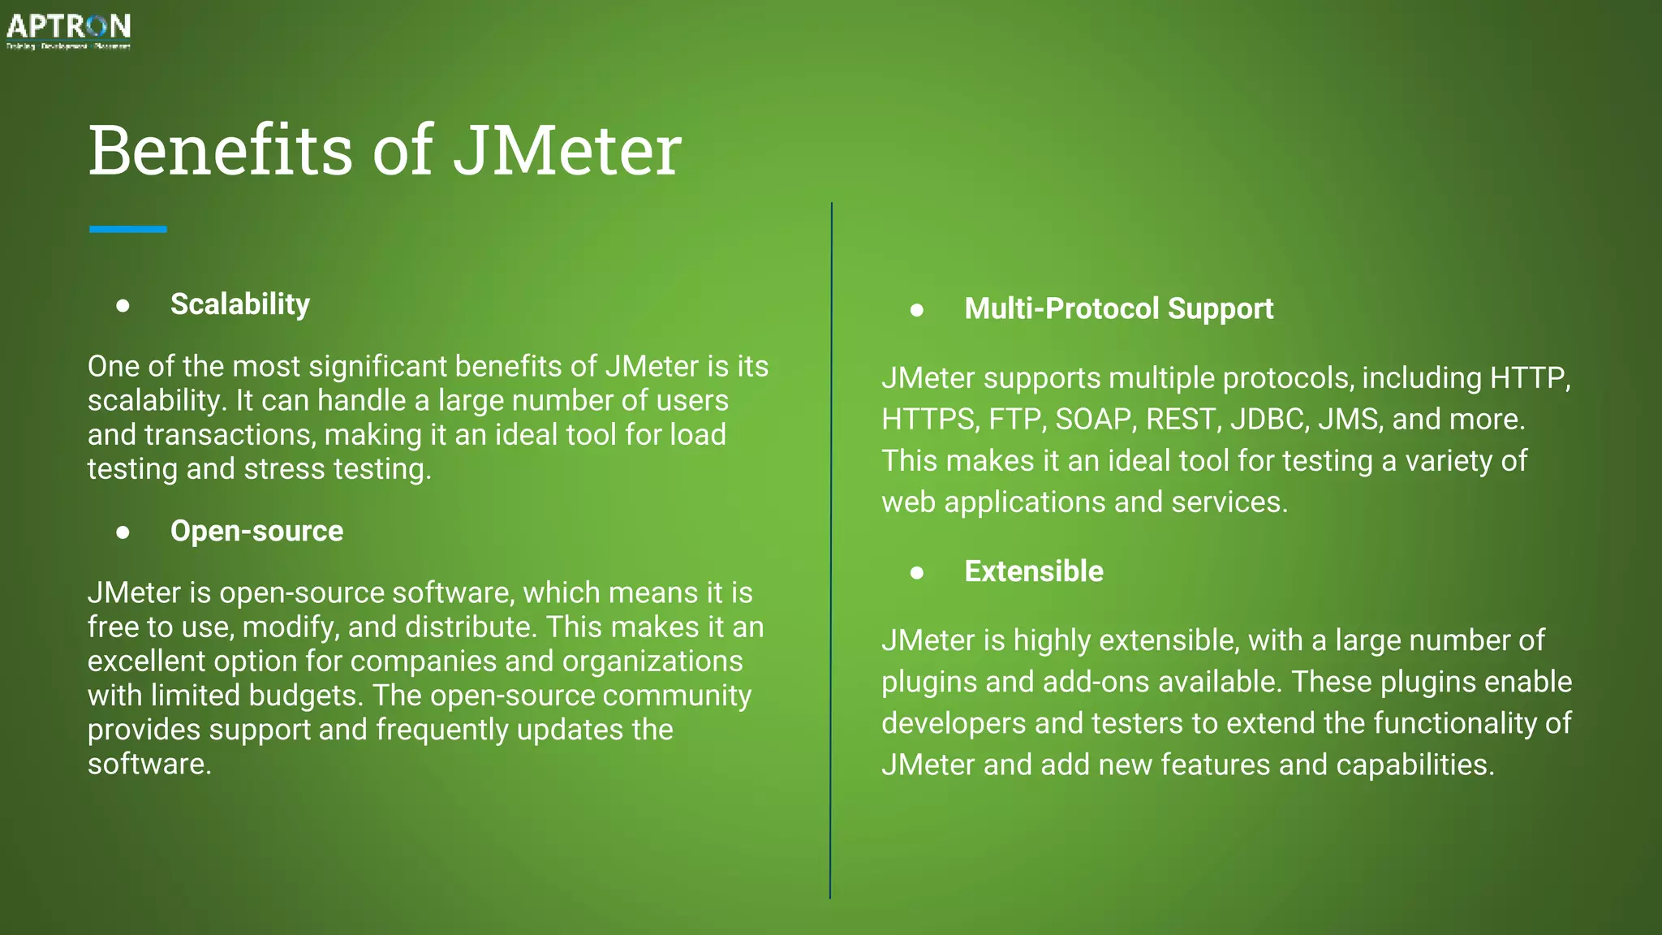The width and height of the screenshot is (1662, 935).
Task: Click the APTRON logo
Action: [68, 30]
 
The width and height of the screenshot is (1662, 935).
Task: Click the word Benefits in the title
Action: [220, 151]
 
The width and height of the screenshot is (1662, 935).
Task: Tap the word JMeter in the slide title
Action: [566, 151]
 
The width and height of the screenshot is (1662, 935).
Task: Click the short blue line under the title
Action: [128, 230]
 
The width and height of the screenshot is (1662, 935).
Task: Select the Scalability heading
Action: [239, 304]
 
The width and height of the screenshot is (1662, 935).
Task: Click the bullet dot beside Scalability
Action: [123, 306]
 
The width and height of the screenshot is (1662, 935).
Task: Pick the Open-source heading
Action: [256, 531]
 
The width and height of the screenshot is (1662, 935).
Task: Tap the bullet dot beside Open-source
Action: [123, 532]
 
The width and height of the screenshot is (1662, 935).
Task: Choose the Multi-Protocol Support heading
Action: [1118, 308]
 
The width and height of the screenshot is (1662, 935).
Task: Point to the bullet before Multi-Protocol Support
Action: [917, 310]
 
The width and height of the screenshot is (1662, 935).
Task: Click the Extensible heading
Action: [1033, 571]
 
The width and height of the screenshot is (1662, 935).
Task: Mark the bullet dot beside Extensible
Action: [917, 573]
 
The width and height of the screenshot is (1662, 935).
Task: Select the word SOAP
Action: [1094, 420]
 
